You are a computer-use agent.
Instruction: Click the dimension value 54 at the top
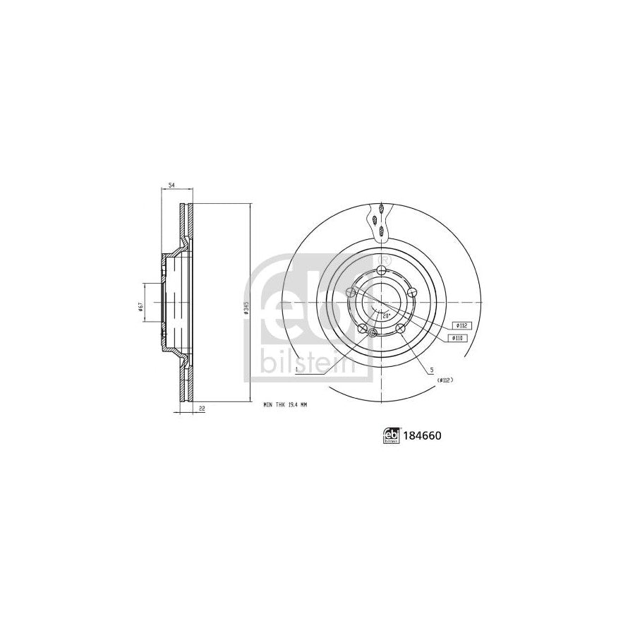tap(170, 186)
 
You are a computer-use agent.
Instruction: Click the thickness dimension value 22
tap(201, 408)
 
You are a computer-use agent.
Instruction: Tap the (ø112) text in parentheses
tap(444, 380)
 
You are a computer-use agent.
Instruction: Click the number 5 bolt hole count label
tap(429, 370)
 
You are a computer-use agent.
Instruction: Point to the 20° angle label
tap(386, 317)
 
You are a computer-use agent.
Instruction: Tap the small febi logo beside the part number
tap(392, 436)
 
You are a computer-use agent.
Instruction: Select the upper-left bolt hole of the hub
tap(350, 292)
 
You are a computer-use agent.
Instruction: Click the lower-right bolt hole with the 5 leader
tap(400, 328)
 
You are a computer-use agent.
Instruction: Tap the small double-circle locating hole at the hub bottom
tap(373, 332)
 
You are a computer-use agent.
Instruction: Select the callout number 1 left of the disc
tap(298, 368)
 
